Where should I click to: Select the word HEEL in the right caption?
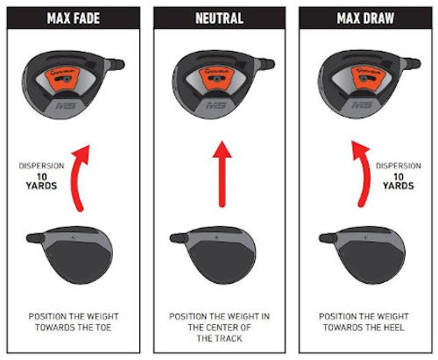click(394, 329)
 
